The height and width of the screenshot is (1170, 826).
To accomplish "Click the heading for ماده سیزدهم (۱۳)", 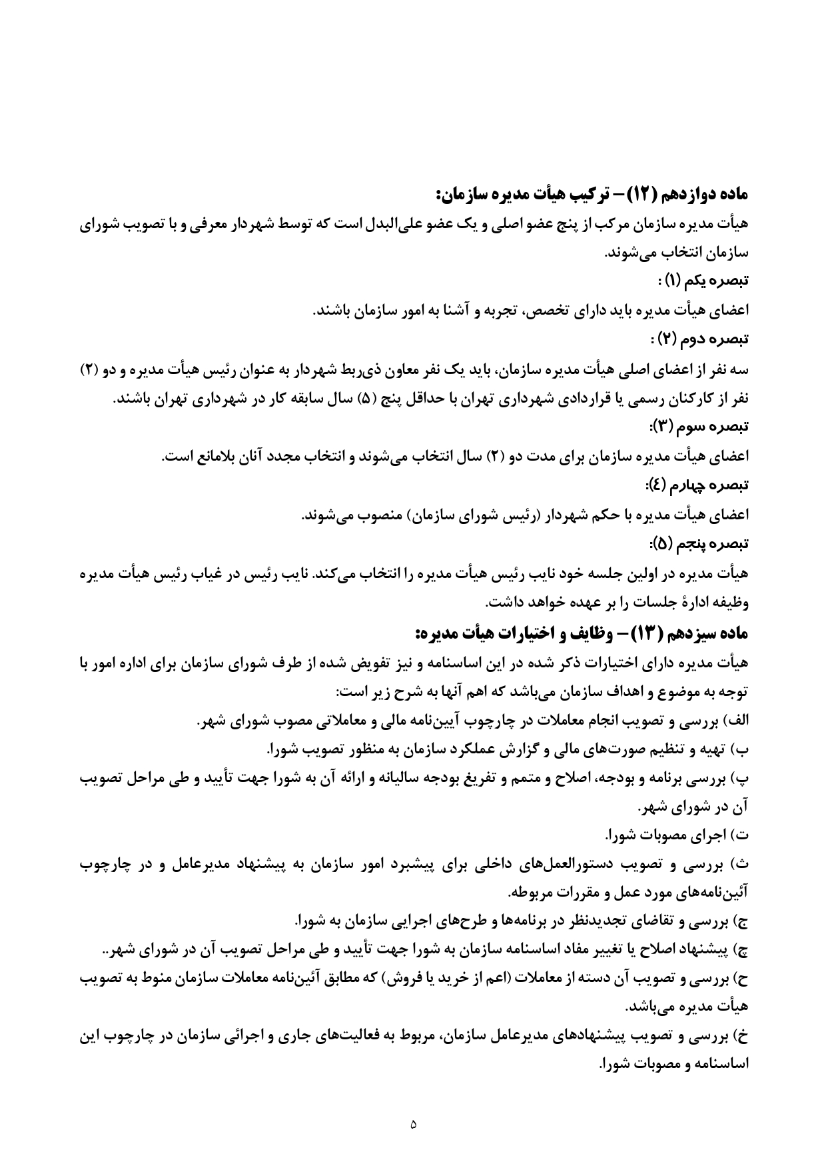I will pos(581,633).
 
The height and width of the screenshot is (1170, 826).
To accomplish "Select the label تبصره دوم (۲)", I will pos(702,339).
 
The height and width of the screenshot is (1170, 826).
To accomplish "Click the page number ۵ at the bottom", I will pos(413,1124).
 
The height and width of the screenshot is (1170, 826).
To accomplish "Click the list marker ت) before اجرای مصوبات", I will pos(739,835).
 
